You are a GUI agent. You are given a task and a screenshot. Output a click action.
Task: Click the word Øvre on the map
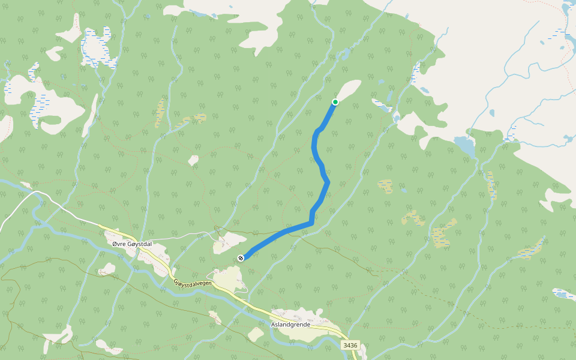point(120,243)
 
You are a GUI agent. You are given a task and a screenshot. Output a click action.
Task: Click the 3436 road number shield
point(351,345)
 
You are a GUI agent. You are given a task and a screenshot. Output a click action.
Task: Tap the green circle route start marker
point(335,102)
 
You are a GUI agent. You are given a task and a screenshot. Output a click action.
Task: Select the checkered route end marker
point(241,258)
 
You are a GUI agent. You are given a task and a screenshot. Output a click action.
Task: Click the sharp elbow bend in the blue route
point(311,222)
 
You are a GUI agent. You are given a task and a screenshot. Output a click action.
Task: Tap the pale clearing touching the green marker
point(348,90)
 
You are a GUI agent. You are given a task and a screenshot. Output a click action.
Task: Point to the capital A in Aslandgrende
point(274,324)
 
